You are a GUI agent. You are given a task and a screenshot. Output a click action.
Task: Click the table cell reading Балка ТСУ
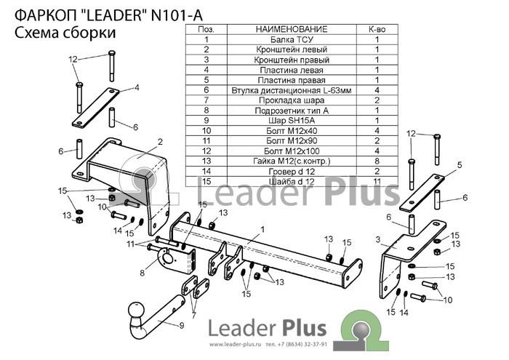[x=292, y=39]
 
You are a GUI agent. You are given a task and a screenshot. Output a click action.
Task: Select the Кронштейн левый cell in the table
[x=292, y=49]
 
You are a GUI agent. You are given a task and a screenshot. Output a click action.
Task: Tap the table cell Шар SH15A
[x=292, y=121]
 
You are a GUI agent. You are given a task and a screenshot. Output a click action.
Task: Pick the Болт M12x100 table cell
[x=292, y=151]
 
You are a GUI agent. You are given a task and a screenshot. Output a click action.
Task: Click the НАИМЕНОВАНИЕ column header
[x=292, y=29]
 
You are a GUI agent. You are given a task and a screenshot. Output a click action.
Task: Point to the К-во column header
[x=377, y=29]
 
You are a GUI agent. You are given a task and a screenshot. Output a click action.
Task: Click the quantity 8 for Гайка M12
[x=377, y=161]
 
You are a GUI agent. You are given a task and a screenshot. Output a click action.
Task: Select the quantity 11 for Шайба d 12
[x=377, y=181]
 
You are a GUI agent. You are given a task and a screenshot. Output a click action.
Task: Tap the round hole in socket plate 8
[x=168, y=258]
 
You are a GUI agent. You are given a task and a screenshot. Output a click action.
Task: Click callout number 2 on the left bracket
[x=160, y=142]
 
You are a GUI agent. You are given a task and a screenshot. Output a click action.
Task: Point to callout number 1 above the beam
[x=262, y=230]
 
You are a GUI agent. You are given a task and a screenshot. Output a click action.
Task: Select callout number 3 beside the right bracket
[x=378, y=239]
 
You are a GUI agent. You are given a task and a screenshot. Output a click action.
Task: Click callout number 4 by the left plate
[x=137, y=88]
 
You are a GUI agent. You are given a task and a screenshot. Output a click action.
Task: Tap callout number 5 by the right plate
[x=460, y=165]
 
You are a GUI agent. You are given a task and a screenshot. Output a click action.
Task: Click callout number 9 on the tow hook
[x=182, y=325]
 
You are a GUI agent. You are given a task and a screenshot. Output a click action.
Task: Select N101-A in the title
[x=177, y=15]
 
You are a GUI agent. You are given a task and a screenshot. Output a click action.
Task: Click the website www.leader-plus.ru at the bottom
[x=235, y=345]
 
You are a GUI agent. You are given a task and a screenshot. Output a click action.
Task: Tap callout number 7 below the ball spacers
[x=194, y=315]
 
